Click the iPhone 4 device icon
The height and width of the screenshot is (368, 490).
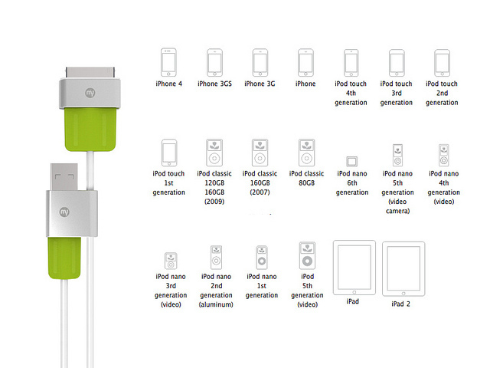168,62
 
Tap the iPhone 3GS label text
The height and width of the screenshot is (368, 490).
215,84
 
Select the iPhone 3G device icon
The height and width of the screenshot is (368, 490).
260,62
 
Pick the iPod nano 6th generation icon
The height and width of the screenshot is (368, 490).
351,161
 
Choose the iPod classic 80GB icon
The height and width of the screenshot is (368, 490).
306,152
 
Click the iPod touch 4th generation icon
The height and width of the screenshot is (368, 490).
351,62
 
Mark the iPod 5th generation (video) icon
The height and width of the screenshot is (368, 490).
306,255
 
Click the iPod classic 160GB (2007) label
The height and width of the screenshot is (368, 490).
261,183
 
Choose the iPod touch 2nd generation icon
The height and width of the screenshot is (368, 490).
442,62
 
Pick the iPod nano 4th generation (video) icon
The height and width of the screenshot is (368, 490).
442,155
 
